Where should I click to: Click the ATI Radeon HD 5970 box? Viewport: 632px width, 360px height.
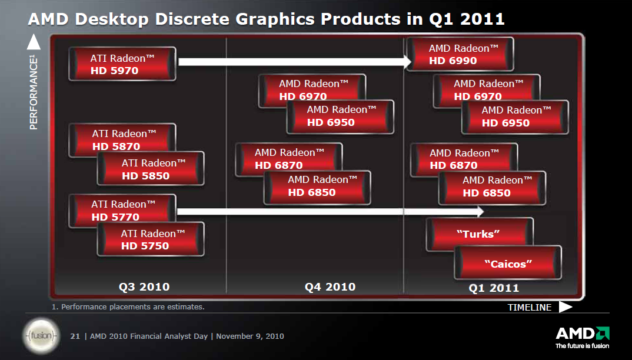click(122, 64)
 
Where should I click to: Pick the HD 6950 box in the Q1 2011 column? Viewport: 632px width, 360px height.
click(515, 117)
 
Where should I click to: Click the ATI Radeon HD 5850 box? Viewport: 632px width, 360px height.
click(151, 169)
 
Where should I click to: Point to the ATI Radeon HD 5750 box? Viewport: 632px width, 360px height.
click(151, 239)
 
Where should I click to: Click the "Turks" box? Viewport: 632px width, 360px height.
click(479, 234)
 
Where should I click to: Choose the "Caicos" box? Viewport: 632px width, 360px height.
click(508, 264)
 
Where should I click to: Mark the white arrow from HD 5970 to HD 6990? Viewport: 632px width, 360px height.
click(294, 61)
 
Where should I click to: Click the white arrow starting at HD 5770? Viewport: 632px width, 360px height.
click(330, 211)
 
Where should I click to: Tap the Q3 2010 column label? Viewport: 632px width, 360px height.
click(144, 287)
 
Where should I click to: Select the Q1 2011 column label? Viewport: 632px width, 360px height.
click(494, 288)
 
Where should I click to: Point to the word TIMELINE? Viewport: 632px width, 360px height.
click(530, 307)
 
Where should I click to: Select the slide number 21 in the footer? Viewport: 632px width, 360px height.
click(75, 336)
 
